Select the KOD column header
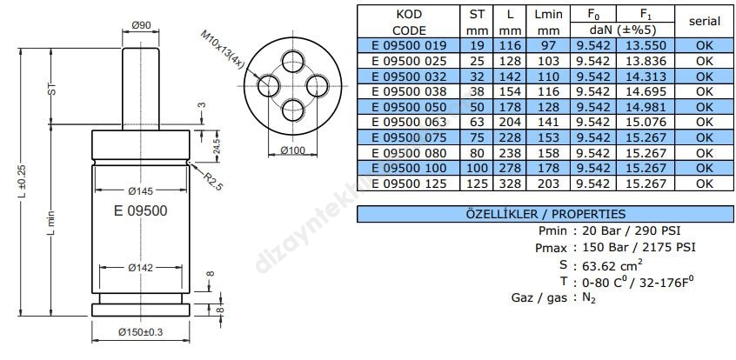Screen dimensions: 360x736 pos(409,15)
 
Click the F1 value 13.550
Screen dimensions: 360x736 pos(645,45)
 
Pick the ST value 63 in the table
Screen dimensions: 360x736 pos(476,123)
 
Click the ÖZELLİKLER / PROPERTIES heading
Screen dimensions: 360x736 pos(545,214)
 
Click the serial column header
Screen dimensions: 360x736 pos(704,21)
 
